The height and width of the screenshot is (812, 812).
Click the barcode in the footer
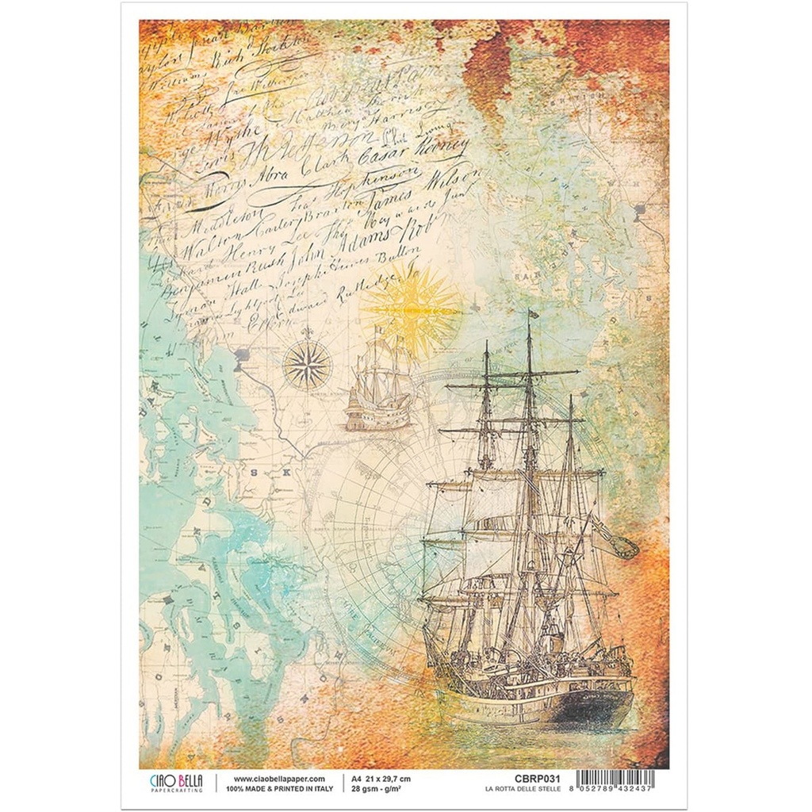[x=615, y=781]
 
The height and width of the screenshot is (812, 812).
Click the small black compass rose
[x=307, y=364]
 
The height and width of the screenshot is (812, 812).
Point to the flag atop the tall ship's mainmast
[x=533, y=313]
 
